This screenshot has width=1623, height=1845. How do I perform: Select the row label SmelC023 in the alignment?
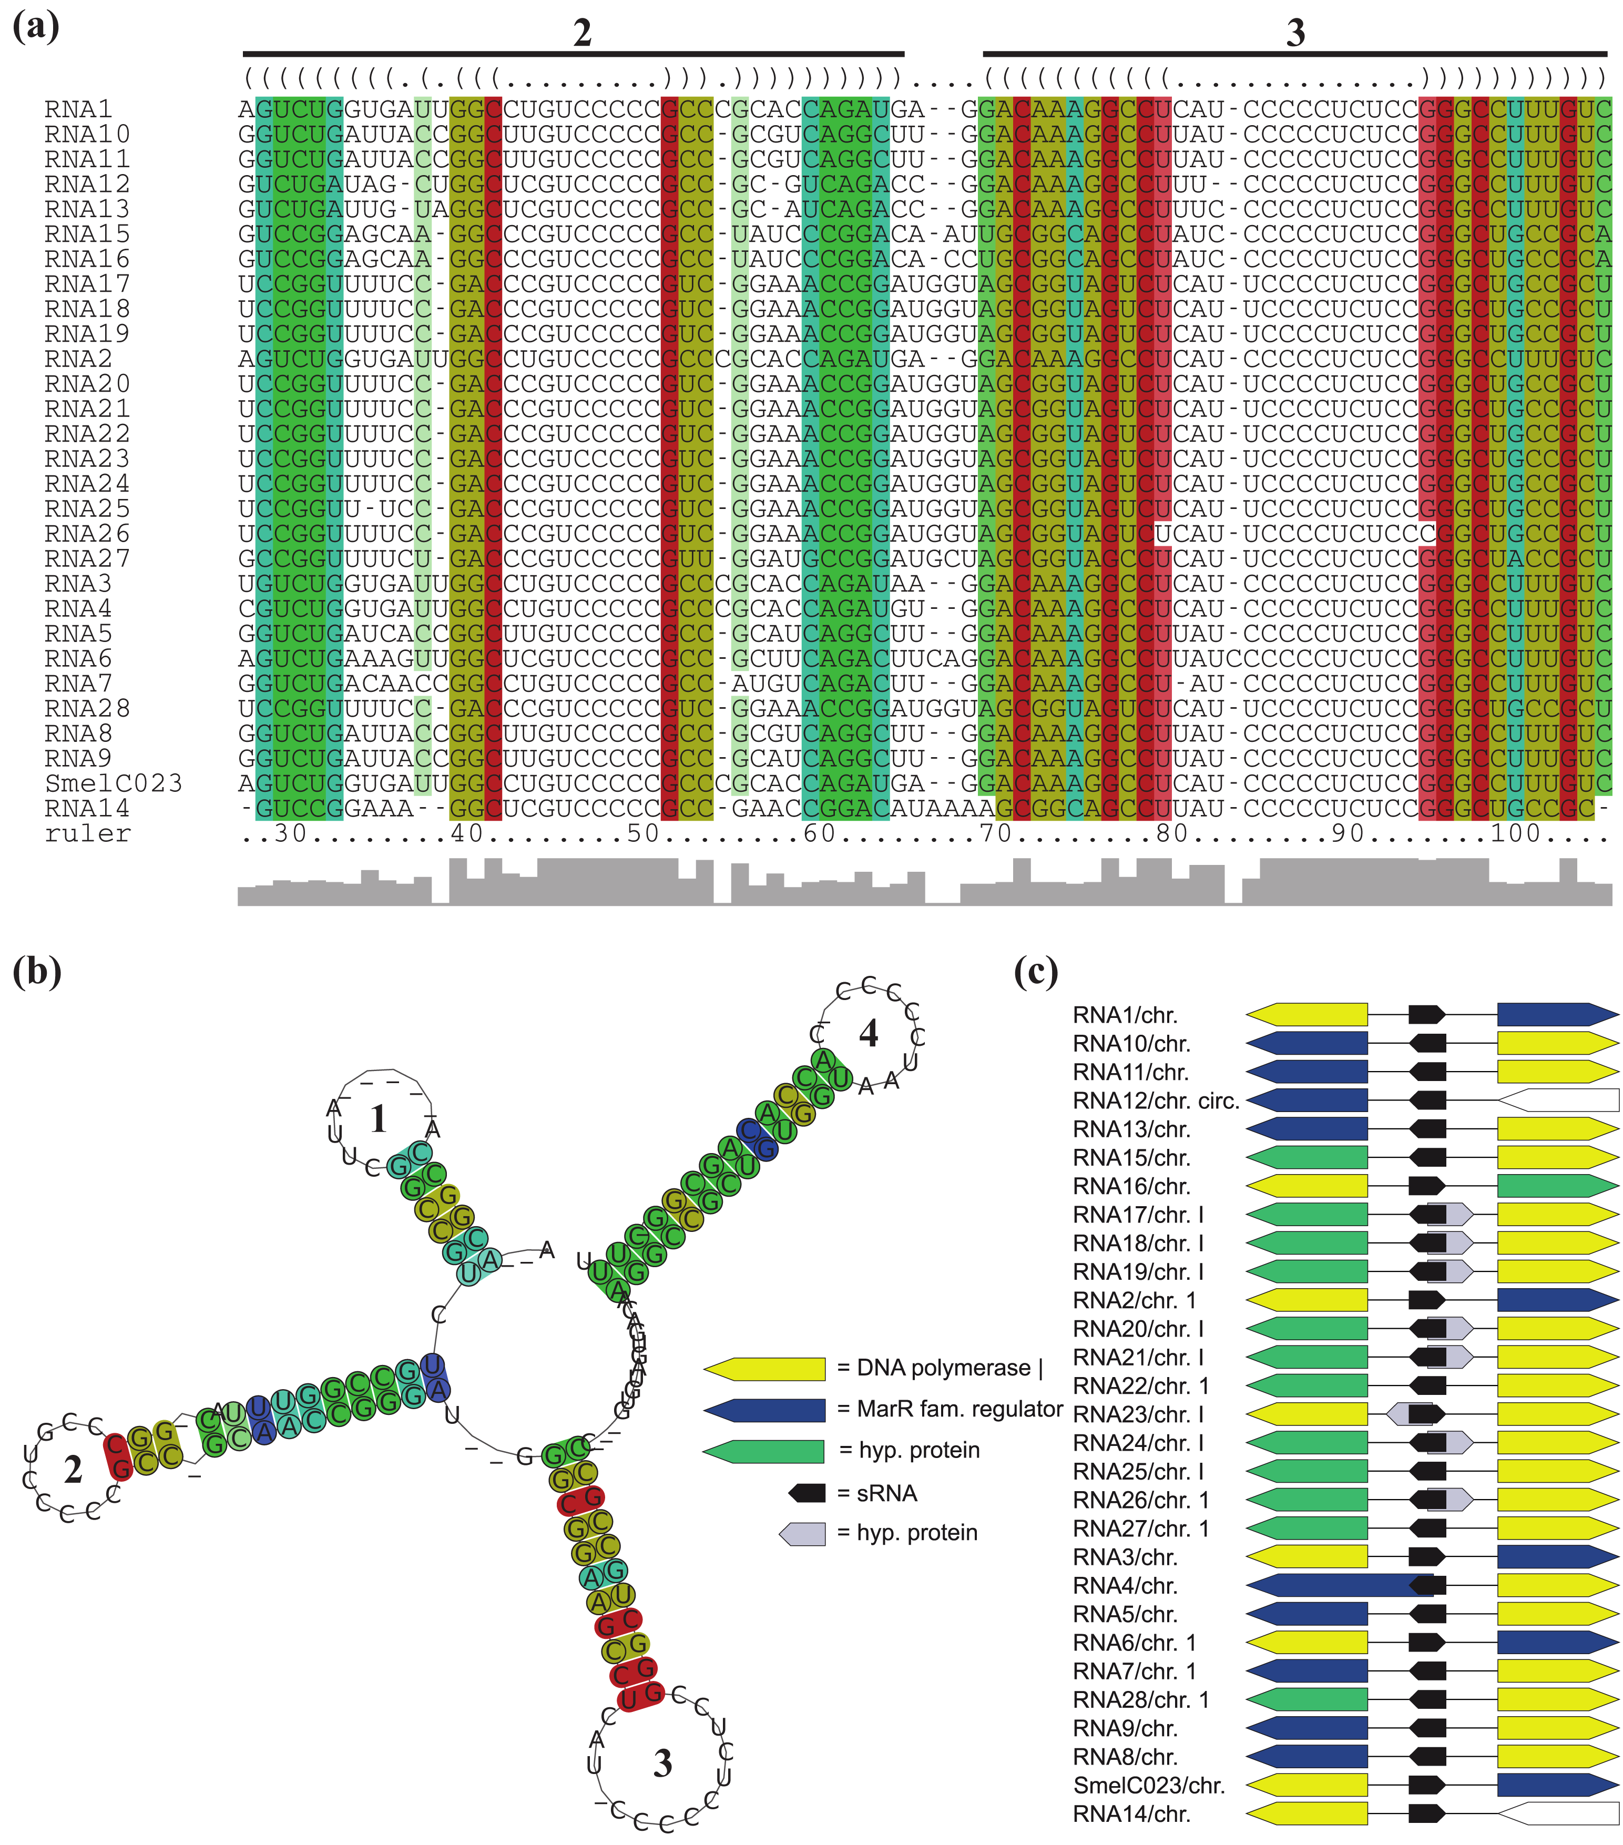click(x=114, y=782)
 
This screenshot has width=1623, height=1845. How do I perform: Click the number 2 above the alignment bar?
click(x=582, y=34)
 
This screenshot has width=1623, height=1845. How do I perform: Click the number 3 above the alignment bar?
click(x=1295, y=34)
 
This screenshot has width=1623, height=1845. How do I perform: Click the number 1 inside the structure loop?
click(x=378, y=1119)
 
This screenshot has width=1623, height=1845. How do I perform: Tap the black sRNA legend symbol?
click(x=807, y=1493)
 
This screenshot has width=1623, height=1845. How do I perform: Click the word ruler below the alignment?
click(x=88, y=833)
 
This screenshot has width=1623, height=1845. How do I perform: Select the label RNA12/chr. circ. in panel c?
click(x=1156, y=1100)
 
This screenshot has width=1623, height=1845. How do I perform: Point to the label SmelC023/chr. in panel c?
click(x=1148, y=1786)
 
